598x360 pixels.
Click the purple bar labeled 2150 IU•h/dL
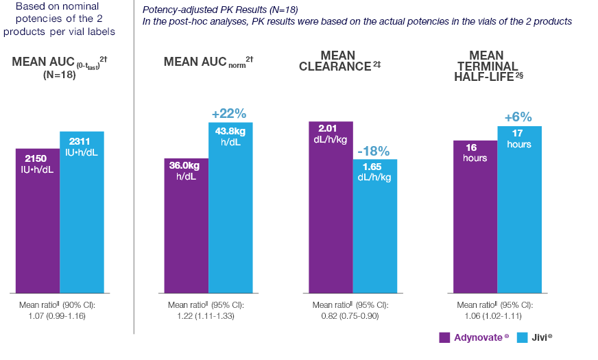point(37,219)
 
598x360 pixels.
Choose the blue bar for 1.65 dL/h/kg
point(375,226)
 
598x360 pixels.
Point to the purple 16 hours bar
point(475,216)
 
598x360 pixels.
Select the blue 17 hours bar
point(519,209)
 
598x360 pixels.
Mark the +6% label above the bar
point(518,117)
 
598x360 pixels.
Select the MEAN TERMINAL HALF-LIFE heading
point(486,66)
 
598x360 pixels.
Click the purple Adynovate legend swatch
point(444,337)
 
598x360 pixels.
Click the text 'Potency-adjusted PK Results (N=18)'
point(220,10)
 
